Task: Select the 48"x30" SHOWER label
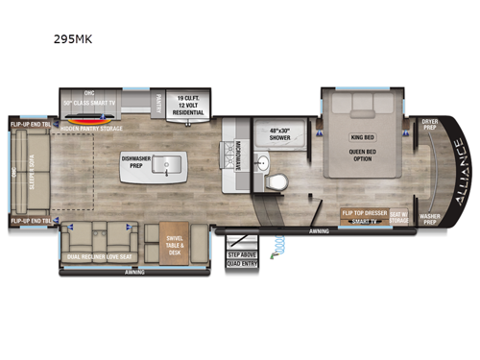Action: coord(277,134)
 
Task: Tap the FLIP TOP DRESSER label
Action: coord(364,212)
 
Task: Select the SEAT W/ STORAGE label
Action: coord(399,219)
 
